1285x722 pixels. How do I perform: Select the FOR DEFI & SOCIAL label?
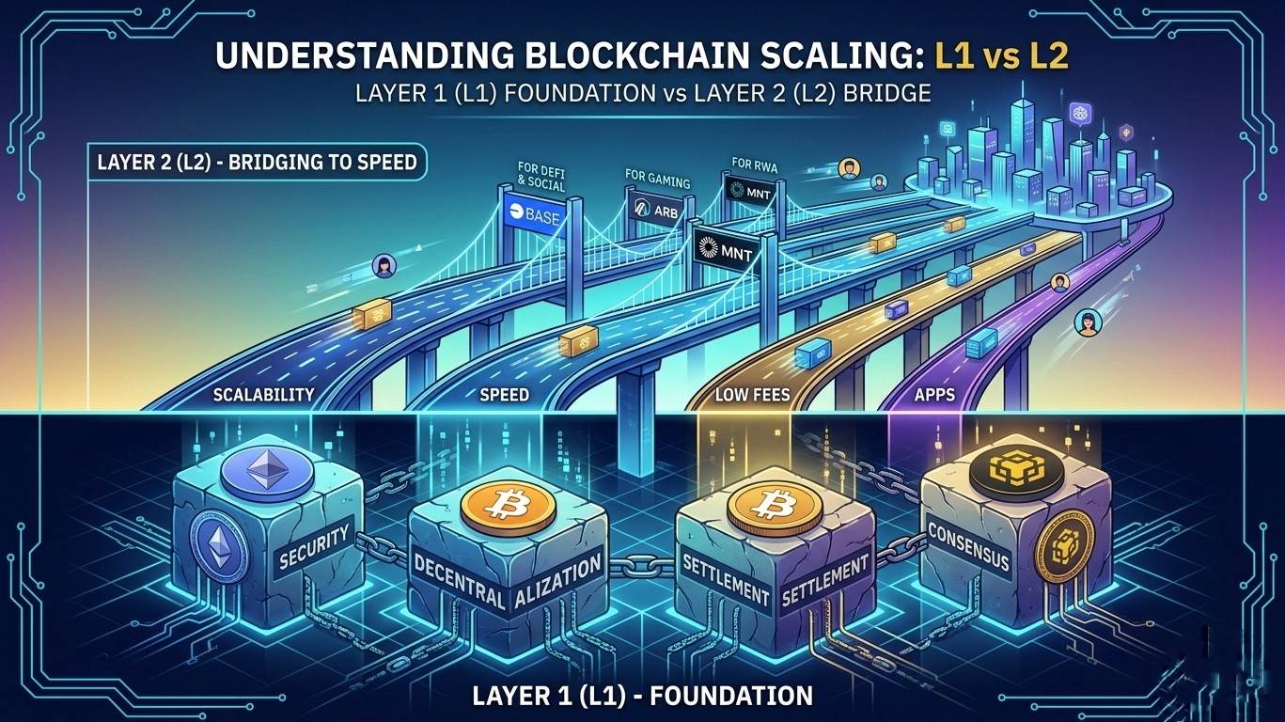[x=541, y=177]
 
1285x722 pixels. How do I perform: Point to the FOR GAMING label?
[x=657, y=177]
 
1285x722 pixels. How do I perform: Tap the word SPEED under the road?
[x=504, y=395]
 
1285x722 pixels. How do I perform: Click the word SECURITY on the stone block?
[x=314, y=546]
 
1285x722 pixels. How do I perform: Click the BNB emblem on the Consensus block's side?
[x=1059, y=550]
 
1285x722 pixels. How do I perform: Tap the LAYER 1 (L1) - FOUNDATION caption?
[x=643, y=696]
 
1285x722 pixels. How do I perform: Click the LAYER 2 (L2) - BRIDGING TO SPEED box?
[x=257, y=162]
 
